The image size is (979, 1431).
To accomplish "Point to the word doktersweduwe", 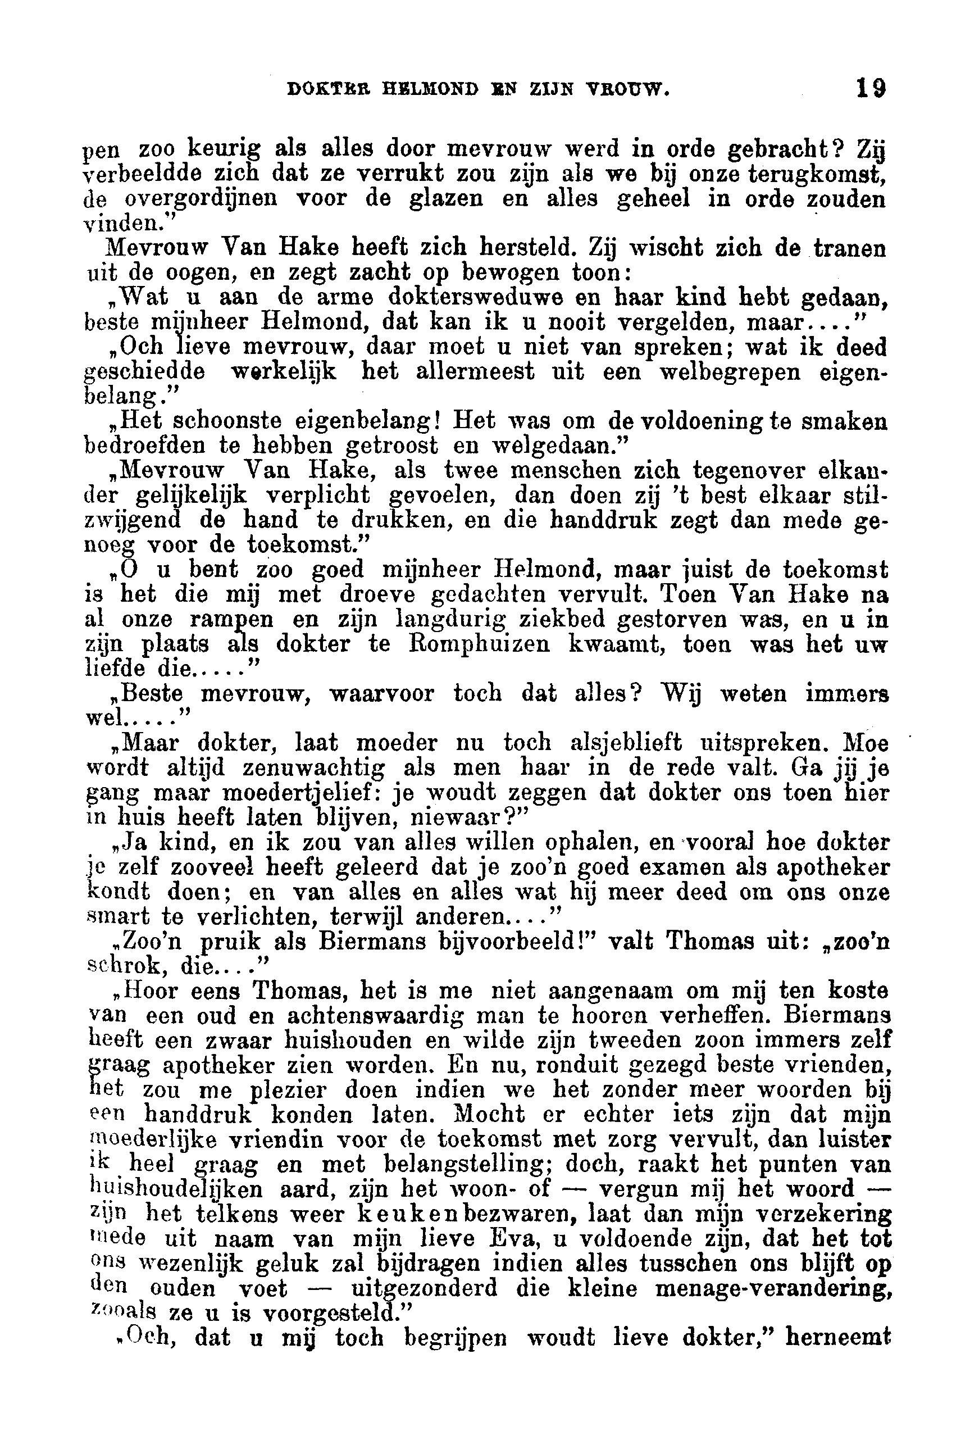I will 504,297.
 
